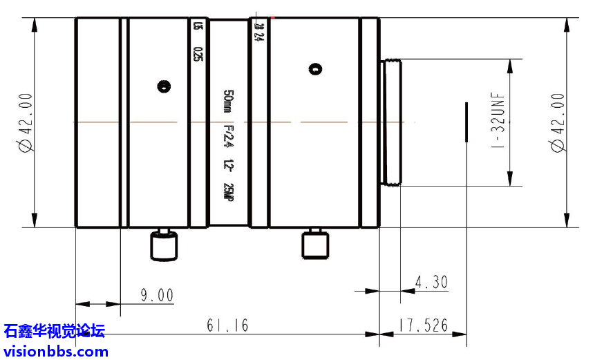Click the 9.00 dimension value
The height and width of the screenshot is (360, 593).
pyautogui.click(x=156, y=296)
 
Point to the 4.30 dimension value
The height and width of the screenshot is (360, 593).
pyautogui.click(x=431, y=282)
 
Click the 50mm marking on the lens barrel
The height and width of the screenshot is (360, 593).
pyautogui.click(x=228, y=101)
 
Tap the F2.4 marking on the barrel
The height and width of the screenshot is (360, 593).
pyautogui.click(x=228, y=138)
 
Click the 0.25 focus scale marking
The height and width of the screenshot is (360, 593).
pyautogui.click(x=199, y=55)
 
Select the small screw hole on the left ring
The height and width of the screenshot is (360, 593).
pyautogui.click(x=164, y=86)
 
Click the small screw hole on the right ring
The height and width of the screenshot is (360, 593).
pyautogui.click(x=316, y=69)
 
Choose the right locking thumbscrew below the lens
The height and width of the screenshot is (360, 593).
pyautogui.click(x=314, y=244)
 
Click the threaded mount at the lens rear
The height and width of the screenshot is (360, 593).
pyautogui.click(x=391, y=122)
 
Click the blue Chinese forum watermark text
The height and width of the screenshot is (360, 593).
pyautogui.click(x=54, y=332)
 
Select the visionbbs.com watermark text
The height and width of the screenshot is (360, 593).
pyautogui.click(x=55, y=351)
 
